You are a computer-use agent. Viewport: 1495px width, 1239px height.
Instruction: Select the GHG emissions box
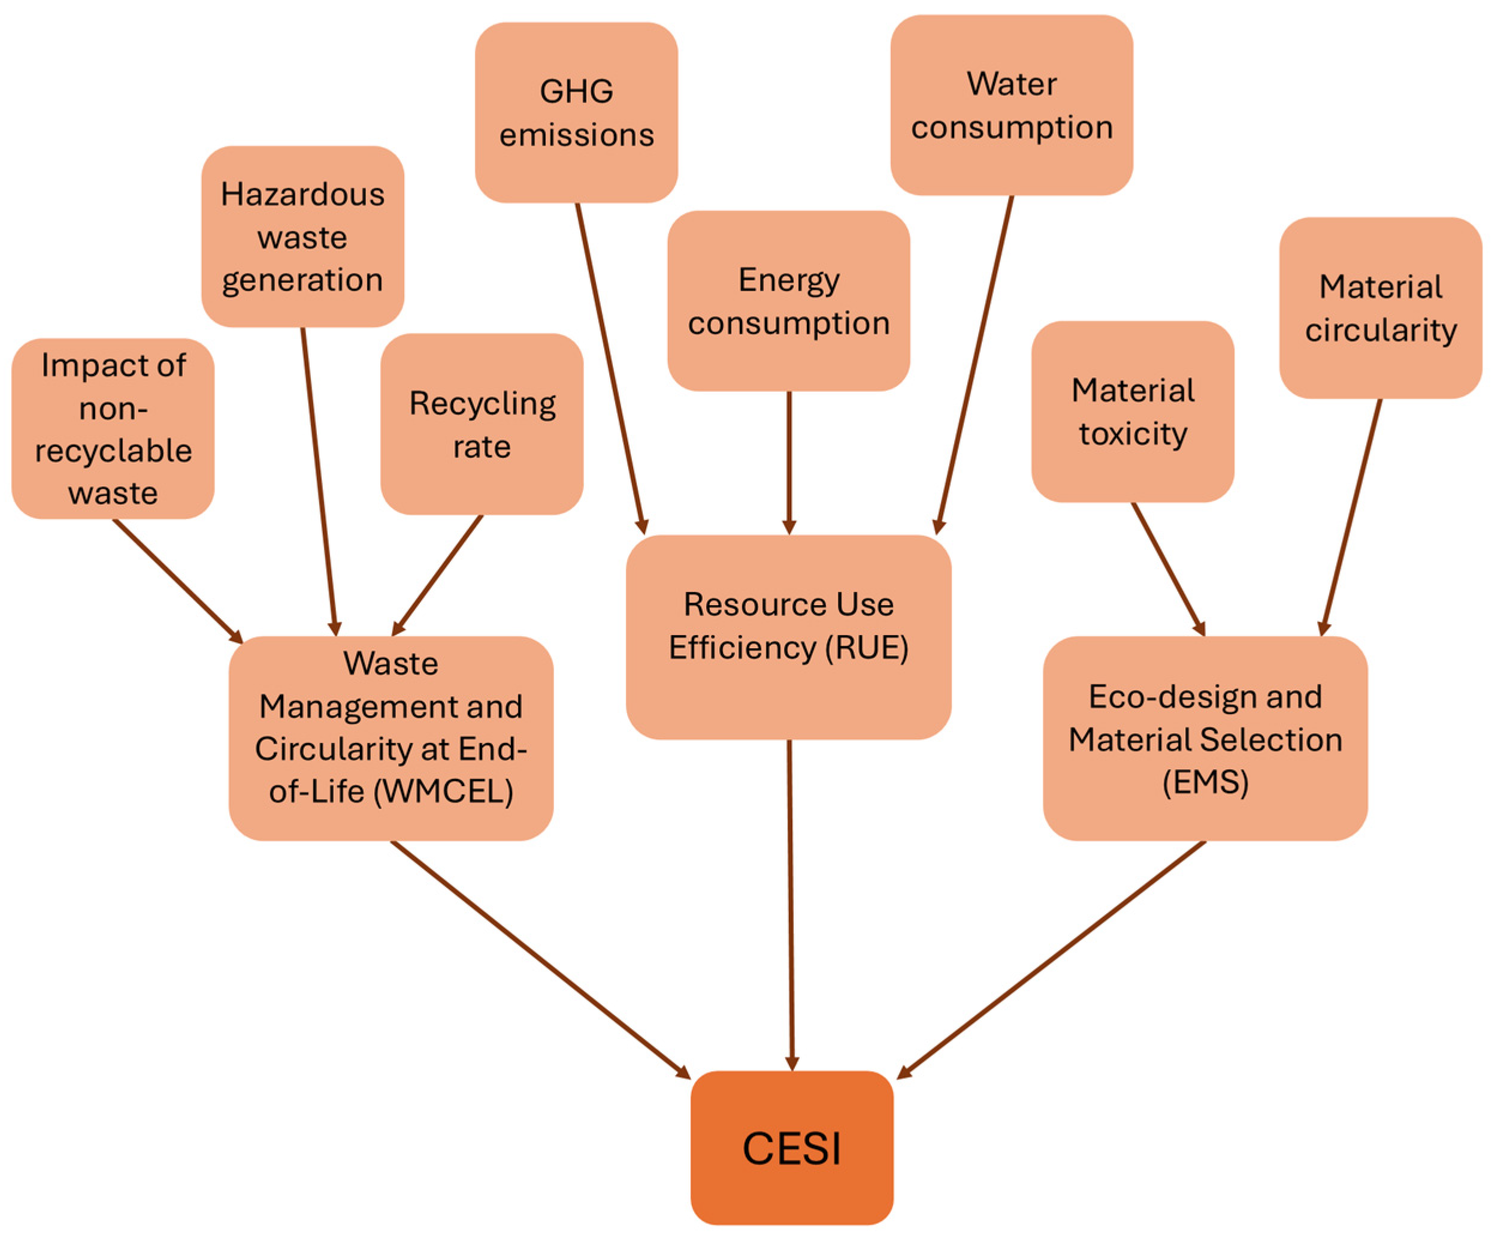tap(576, 113)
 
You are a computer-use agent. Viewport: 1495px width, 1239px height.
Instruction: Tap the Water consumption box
tap(1011, 105)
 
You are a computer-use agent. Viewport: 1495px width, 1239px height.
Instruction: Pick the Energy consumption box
tap(788, 301)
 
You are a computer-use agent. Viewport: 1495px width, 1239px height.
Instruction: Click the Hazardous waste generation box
tap(302, 237)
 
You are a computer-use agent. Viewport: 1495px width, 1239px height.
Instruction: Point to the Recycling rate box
tap(482, 424)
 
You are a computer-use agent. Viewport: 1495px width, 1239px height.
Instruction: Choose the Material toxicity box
tap(1132, 412)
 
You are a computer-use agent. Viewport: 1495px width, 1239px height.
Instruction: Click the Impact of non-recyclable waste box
tap(113, 428)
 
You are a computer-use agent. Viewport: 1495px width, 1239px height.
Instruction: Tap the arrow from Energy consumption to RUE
tap(789, 463)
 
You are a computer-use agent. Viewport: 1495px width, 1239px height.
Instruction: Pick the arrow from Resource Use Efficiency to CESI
tap(790, 904)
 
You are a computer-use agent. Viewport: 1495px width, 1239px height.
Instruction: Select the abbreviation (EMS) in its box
tap(1205, 782)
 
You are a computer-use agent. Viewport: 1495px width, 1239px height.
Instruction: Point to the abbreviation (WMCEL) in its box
tap(443, 791)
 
